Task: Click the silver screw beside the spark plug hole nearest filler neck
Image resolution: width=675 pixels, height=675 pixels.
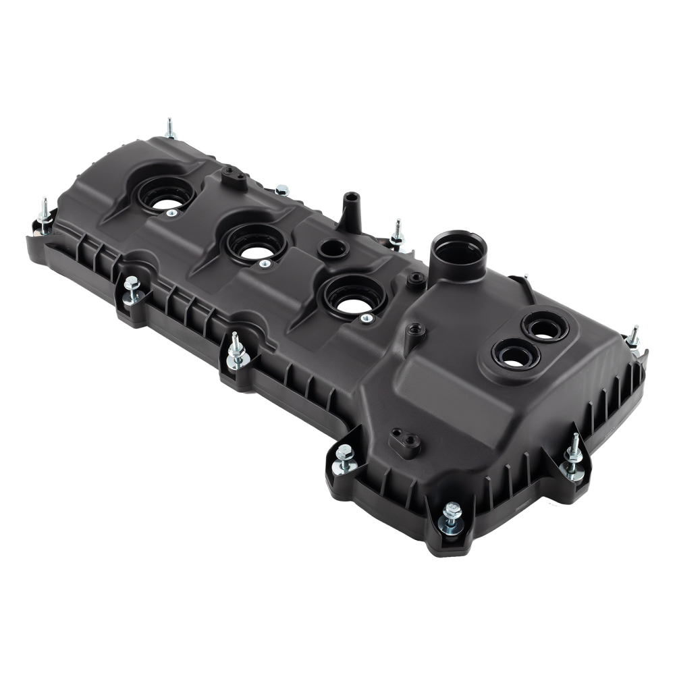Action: pos(367,318)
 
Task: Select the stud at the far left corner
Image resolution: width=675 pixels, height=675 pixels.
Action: pos(45,215)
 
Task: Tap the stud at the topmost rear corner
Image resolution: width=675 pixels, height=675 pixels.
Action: pos(169,128)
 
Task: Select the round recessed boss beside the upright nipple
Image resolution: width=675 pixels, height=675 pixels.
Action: pos(333,248)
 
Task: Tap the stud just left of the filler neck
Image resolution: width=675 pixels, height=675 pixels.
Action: pos(397,233)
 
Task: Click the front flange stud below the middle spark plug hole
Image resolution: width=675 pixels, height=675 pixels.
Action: pos(237,351)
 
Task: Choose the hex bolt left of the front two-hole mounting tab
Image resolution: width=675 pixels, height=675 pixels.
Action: pos(344,459)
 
